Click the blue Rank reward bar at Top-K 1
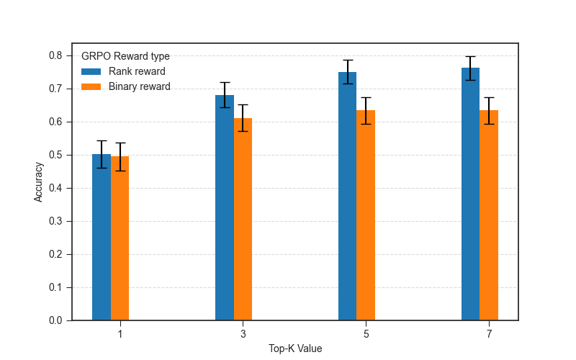(102, 238)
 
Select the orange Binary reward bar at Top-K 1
(120, 238)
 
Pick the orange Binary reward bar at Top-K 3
(243, 219)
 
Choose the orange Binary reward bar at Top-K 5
(366, 215)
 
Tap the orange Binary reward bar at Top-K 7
(489, 215)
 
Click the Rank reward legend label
(137, 71)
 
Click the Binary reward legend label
(140, 86)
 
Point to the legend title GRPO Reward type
(125, 56)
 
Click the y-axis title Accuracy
(39, 181)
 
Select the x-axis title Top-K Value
(295, 348)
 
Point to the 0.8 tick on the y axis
(56, 55)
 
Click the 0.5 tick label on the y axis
(56, 155)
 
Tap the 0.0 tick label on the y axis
(56, 320)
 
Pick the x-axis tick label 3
(243, 334)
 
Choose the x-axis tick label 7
(489, 334)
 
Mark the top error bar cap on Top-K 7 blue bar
(470, 56)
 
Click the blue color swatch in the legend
(91, 71)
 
